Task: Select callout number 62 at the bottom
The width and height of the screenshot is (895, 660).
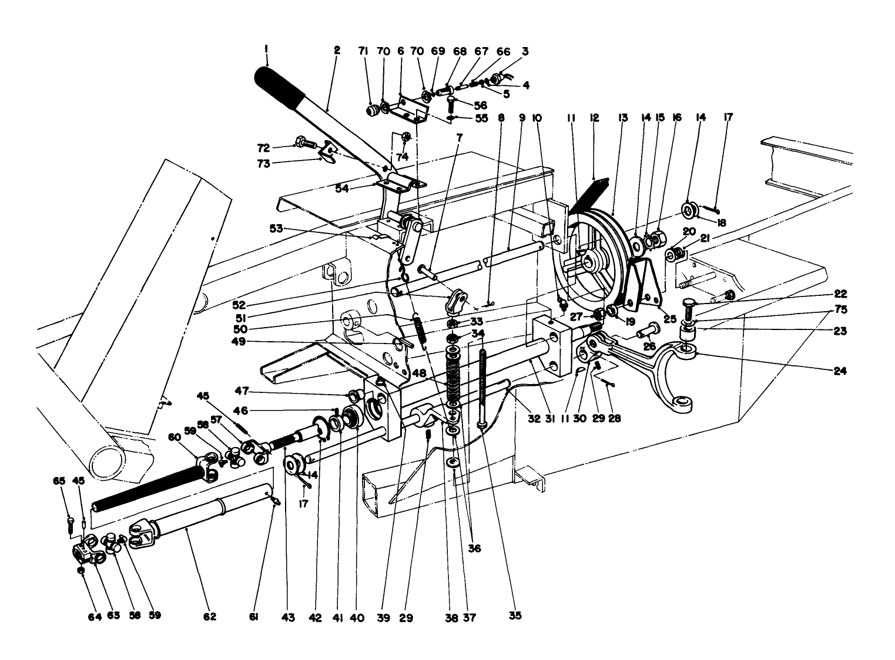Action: point(210,617)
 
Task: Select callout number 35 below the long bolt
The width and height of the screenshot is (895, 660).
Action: point(514,616)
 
